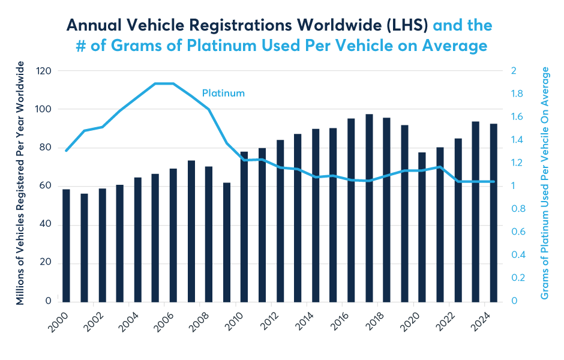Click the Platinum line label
click(x=223, y=94)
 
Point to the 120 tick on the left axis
click(x=43, y=71)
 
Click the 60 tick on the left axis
click(x=46, y=186)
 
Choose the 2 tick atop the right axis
click(x=514, y=71)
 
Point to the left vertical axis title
click(x=20, y=183)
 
